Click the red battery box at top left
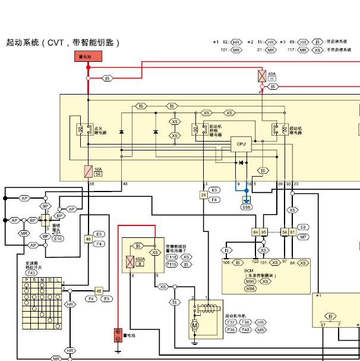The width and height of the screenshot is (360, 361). (89, 57)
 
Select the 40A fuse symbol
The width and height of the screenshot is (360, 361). (262, 76)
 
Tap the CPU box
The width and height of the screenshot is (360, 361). (241, 143)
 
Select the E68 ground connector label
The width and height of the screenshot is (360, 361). (247, 207)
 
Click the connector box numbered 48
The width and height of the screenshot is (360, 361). (88, 238)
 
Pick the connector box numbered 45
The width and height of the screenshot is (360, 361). (99, 291)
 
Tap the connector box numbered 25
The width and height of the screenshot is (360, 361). (203, 194)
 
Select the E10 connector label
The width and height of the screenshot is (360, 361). (58, 238)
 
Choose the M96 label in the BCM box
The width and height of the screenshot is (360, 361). (250, 288)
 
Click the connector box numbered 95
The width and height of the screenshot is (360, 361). (264, 231)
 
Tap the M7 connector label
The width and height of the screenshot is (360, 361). (303, 236)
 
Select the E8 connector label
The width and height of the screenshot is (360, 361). (303, 227)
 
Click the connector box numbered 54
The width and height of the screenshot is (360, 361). (285, 231)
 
